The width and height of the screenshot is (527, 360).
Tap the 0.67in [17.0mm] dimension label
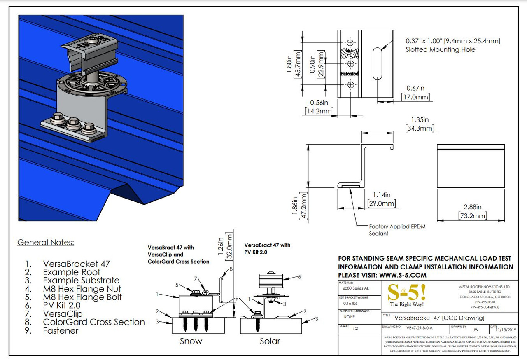pos(415,93)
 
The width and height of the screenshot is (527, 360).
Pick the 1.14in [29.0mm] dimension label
pos(382,199)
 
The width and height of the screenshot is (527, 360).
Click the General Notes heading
pos(45,242)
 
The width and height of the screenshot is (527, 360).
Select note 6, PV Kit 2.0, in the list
pos(62,305)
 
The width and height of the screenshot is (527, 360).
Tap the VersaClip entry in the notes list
pos(63,314)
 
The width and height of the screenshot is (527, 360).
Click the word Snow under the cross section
pos(191,341)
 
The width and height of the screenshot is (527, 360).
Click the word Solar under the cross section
pos(270,341)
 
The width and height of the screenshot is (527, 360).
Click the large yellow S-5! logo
pos(407,292)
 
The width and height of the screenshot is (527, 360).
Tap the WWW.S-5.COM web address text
pos(403,275)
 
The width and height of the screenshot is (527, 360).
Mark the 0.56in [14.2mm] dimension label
pos(319,107)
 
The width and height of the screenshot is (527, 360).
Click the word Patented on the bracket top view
pos(349,74)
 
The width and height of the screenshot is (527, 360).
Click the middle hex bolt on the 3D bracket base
pos(74,122)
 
